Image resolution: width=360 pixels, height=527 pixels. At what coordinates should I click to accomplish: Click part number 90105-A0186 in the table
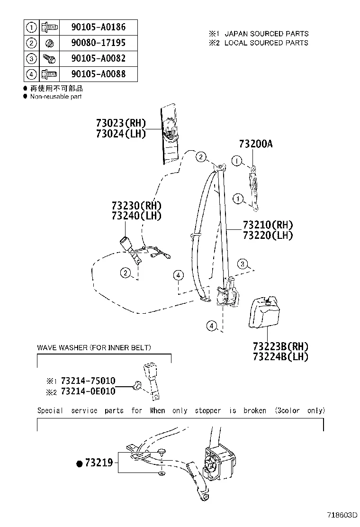tap(98, 27)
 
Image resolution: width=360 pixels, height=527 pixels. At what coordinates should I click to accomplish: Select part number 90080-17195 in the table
tap(98, 43)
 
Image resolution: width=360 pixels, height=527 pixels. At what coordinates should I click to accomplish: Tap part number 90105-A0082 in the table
tap(98, 59)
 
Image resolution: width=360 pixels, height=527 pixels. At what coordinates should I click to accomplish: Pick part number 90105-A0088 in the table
tap(98, 74)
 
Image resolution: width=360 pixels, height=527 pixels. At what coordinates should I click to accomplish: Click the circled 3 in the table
tap(31, 59)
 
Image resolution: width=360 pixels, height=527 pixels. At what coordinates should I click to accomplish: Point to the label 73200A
tap(255, 144)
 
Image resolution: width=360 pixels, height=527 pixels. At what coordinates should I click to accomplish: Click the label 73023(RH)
tap(121, 124)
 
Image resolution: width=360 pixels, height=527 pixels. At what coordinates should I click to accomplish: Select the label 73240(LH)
tap(136, 216)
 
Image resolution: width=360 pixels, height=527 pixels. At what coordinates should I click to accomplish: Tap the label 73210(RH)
tap(268, 225)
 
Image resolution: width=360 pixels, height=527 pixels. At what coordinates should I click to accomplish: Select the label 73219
tap(99, 463)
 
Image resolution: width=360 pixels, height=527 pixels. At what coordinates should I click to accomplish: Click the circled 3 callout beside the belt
tap(243, 264)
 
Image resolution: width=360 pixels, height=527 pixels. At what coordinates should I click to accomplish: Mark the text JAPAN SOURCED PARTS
tap(266, 34)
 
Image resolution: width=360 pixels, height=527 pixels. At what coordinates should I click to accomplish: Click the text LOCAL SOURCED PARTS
tap(266, 43)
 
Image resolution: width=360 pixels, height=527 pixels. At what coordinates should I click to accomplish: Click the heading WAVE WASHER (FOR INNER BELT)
tap(94, 348)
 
